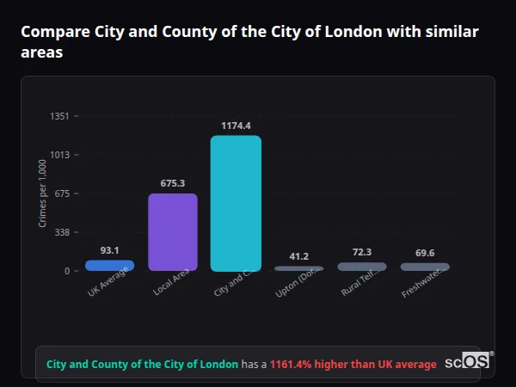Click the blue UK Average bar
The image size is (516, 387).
click(x=109, y=266)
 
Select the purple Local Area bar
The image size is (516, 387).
click(x=173, y=232)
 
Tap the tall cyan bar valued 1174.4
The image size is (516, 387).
click(x=236, y=204)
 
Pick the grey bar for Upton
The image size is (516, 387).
click(x=298, y=268)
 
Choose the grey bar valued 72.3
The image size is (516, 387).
click(x=362, y=267)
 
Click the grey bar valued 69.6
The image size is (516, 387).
click(x=425, y=267)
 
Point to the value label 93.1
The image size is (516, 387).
click(x=109, y=250)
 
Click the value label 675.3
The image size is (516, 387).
click(x=173, y=183)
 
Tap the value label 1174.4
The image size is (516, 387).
click(x=236, y=126)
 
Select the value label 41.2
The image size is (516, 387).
click(x=298, y=256)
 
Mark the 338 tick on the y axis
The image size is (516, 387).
click(x=60, y=232)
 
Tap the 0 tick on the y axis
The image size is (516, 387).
click(x=65, y=271)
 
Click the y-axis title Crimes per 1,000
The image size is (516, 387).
click(x=42, y=193)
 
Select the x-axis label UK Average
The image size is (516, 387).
click(x=108, y=283)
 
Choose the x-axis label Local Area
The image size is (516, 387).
click(x=172, y=283)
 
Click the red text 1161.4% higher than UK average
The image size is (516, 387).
click(x=353, y=364)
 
